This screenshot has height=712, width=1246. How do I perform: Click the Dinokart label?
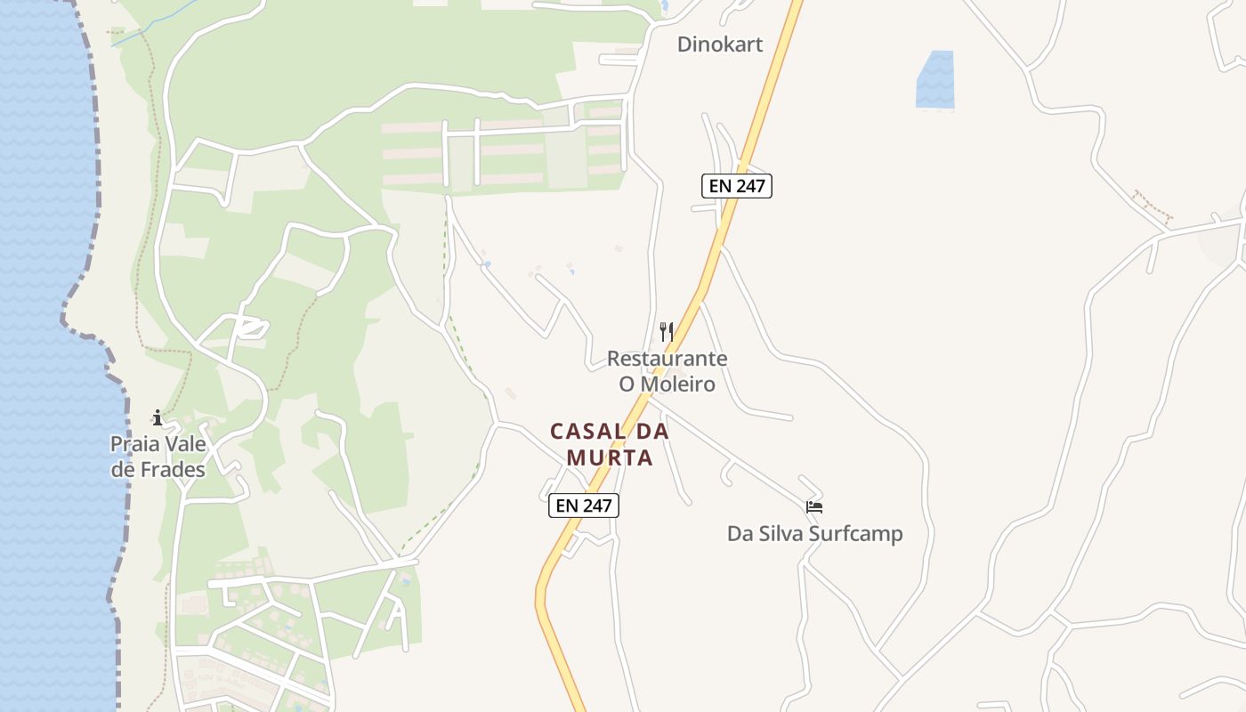click(x=719, y=44)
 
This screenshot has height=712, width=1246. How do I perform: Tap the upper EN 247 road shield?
click(x=736, y=186)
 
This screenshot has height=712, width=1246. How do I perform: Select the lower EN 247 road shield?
click(x=583, y=506)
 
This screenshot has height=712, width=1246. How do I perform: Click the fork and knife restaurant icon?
click(x=666, y=332)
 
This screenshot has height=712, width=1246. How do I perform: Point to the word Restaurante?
click(x=667, y=359)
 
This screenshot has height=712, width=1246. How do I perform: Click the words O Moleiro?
click(x=667, y=384)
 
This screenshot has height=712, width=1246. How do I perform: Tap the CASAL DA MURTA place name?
click(x=610, y=444)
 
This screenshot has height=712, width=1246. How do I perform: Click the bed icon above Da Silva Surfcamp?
click(x=813, y=507)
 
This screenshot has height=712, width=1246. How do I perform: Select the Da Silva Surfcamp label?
click(x=814, y=534)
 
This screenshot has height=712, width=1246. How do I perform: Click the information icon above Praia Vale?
click(x=158, y=417)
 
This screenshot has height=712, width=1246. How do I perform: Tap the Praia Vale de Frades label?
click(x=158, y=457)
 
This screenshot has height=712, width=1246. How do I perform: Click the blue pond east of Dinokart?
click(x=934, y=80)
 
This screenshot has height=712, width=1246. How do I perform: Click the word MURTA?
click(x=610, y=457)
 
